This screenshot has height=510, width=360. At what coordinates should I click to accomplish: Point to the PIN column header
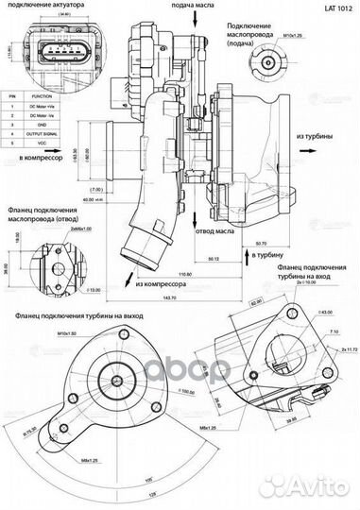pyautogui.click(x=10, y=95)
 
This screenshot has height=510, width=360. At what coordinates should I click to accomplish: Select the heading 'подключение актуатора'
pyautogui.click(x=46, y=6)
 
